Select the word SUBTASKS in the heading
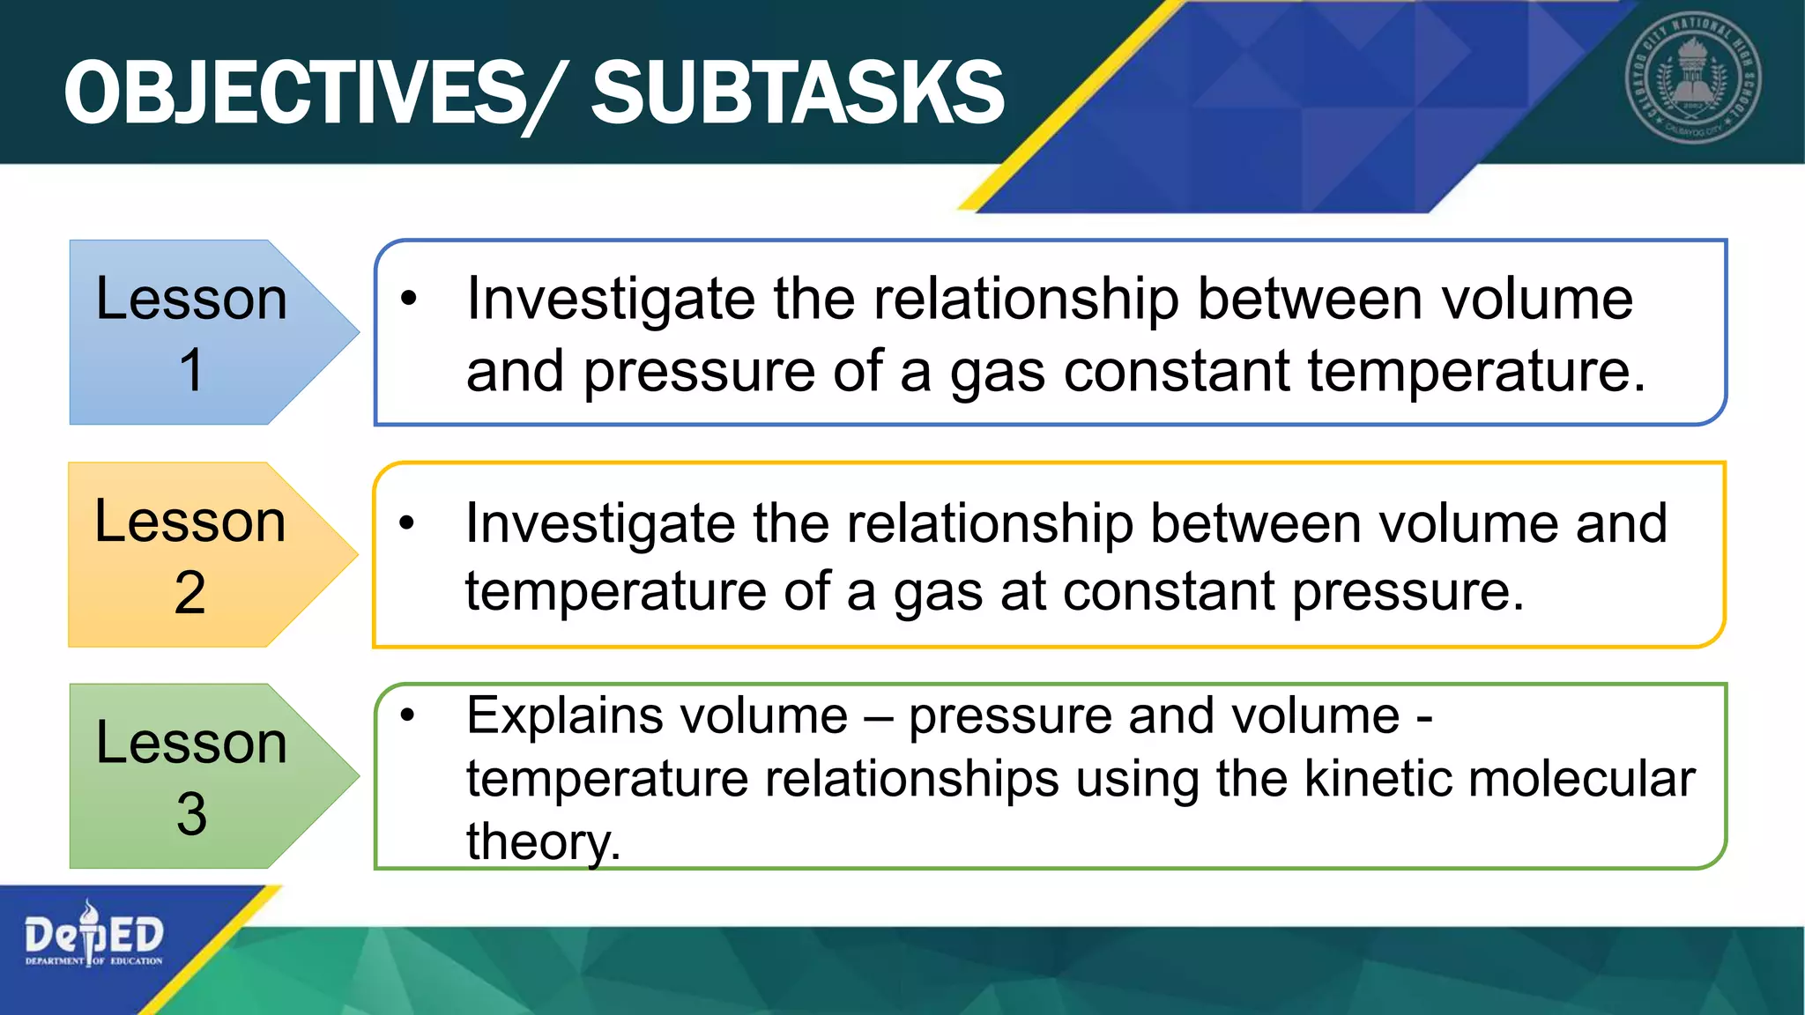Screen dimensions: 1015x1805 (x=798, y=93)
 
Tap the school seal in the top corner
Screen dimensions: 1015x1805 (x=1692, y=78)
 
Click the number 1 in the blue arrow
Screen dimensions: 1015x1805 (x=191, y=370)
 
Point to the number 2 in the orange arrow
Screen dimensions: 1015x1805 (x=190, y=593)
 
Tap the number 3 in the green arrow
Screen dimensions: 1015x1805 (x=191, y=814)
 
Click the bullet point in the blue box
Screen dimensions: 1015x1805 (x=407, y=300)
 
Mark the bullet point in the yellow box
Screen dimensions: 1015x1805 (x=406, y=523)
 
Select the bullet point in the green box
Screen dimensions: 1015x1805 (x=406, y=715)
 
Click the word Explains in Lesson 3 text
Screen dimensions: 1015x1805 (x=563, y=715)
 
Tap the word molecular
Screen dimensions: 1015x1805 (x=1581, y=779)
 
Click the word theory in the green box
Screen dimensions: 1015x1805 (x=539, y=842)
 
